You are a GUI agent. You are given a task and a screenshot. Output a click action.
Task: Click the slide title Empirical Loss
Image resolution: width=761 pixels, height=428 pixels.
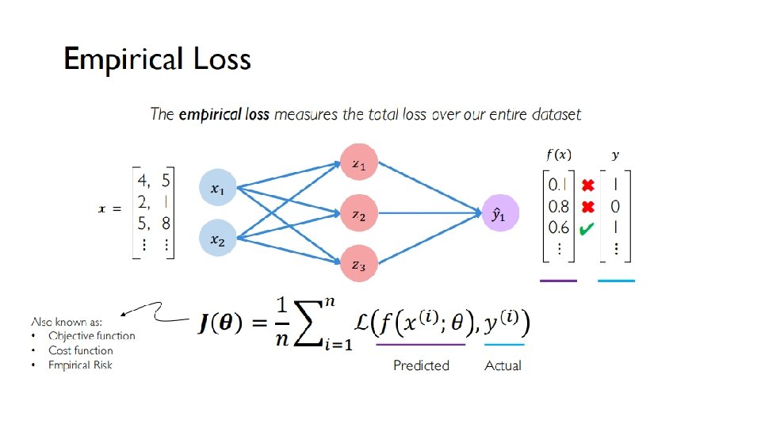157,60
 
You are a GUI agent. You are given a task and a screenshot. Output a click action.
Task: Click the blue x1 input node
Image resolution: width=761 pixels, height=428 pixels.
216,188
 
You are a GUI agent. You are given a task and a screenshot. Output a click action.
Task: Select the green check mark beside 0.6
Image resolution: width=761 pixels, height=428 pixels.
587,229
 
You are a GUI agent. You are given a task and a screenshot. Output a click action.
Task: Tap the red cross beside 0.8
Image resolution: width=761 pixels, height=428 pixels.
587,208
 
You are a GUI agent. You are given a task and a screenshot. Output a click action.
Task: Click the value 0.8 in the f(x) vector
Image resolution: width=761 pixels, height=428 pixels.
559,207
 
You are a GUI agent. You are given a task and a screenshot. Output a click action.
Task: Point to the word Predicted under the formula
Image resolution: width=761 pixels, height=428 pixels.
421,365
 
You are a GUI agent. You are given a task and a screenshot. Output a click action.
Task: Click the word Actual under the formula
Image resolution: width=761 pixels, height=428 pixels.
503,365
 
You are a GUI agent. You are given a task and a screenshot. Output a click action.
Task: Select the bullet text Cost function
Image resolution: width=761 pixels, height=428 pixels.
80,350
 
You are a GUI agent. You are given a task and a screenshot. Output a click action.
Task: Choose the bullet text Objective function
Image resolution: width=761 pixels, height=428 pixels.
91,336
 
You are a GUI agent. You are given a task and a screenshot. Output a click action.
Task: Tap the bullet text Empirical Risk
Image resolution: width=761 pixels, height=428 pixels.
80,365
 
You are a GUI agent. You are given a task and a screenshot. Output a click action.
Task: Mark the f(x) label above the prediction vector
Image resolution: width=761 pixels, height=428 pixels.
558,155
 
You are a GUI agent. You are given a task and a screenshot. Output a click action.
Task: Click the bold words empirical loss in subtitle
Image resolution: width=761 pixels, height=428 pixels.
224,114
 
